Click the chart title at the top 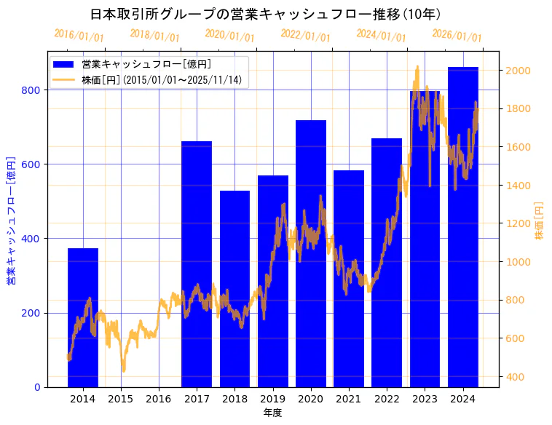click(265, 14)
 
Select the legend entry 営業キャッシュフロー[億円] click(146, 65)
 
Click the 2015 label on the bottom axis click(121, 398)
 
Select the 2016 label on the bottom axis click(159, 398)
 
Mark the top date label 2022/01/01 click(305, 35)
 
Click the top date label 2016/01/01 click(79, 35)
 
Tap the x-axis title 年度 click(272, 413)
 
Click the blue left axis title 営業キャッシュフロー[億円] click(11, 219)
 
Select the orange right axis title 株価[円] click(540, 221)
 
